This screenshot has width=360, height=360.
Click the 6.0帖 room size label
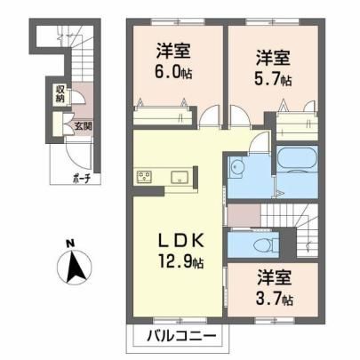pyautogui.click(x=173, y=73)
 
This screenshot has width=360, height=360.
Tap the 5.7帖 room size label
pyautogui.click(x=273, y=79)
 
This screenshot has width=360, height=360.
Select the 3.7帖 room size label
pyautogui.click(x=275, y=299)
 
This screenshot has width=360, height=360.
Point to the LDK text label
pyautogui.click(x=180, y=241)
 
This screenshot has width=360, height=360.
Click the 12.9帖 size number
pyautogui.click(x=181, y=261)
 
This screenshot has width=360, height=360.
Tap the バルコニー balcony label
pyautogui.click(x=181, y=336)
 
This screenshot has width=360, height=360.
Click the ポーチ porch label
pyautogui.click(x=81, y=179)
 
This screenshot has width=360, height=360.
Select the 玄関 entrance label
pyautogui.click(x=83, y=126)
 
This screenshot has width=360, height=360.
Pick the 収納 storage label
pyautogui.click(x=60, y=94)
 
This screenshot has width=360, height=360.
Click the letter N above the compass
pyautogui.click(x=70, y=244)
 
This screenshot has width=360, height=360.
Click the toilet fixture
pyautogui.click(x=266, y=245)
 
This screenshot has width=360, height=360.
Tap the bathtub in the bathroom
pyautogui.click(x=297, y=158)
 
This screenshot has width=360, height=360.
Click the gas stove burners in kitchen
pyautogui.click(x=144, y=177)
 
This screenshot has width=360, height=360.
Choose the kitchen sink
pyautogui.click(x=180, y=177)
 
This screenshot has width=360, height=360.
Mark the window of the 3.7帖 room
pyautogui.click(x=275, y=320)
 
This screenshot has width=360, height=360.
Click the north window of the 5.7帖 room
pyautogui.click(x=272, y=21)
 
